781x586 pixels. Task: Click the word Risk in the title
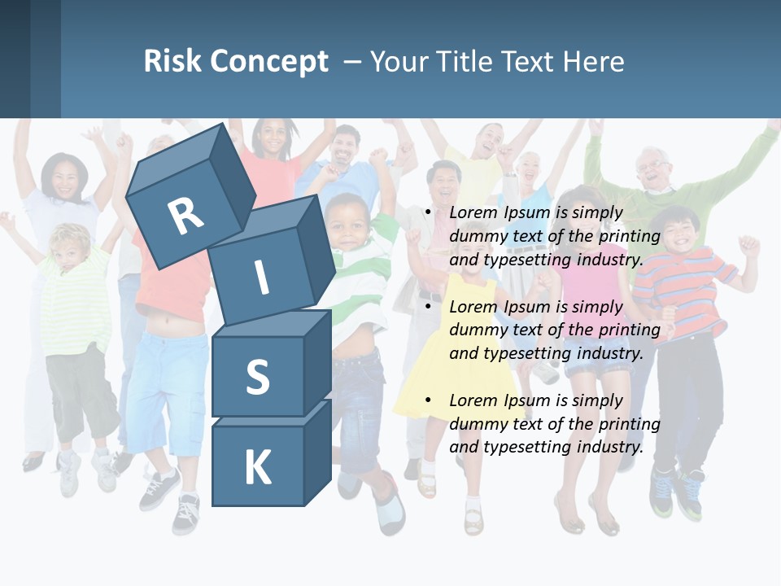(172, 62)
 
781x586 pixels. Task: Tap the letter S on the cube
(257, 377)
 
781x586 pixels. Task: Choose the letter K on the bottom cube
(257, 467)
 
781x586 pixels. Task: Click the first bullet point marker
(428, 213)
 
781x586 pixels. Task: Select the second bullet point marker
(428, 307)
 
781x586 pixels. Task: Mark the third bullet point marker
(428, 400)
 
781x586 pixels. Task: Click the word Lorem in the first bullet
(471, 213)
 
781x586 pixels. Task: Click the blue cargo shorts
(167, 391)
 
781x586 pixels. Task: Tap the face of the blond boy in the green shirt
(72, 248)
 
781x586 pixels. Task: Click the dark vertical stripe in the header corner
(46, 59)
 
